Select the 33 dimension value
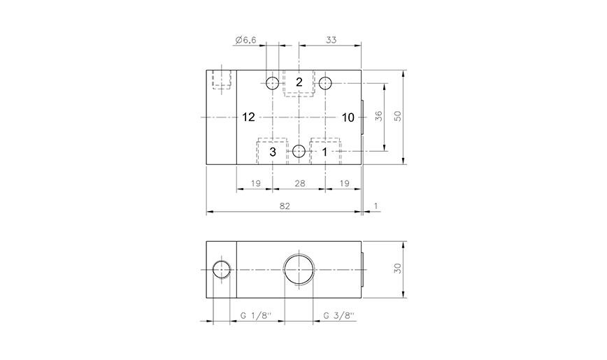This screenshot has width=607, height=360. (x=331, y=41)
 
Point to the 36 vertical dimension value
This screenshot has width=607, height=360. (x=378, y=117)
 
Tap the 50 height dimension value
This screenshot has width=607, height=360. (x=399, y=117)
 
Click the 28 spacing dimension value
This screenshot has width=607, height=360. (x=299, y=183)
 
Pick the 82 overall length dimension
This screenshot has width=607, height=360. (x=284, y=206)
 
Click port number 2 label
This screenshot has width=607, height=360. (x=299, y=82)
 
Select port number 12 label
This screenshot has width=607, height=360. (x=248, y=117)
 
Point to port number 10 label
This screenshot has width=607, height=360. (x=348, y=117)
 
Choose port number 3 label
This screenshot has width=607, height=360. (x=273, y=151)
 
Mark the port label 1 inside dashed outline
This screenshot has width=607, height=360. (x=324, y=151)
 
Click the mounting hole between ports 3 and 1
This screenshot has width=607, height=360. (x=299, y=151)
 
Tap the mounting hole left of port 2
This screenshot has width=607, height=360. (x=272, y=82)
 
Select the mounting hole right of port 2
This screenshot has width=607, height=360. (x=325, y=82)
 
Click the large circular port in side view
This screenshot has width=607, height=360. (x=299, y=271)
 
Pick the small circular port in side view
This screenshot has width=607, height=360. (x=222, y=271)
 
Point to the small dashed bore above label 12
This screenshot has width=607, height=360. (x=222, y=79)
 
